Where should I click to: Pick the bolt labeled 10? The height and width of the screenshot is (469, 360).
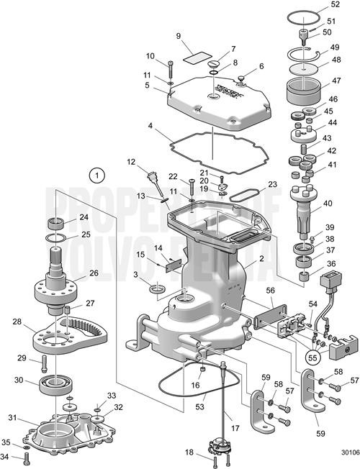(171, 70)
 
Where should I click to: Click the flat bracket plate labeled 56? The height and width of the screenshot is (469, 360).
(268, 311)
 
